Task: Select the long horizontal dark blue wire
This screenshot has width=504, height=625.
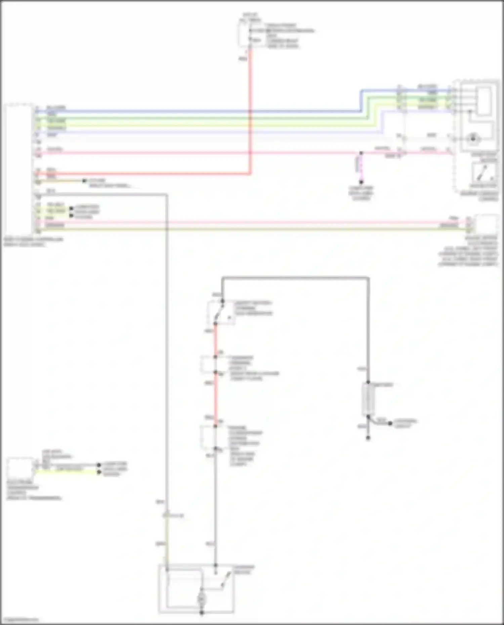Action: point(202,110)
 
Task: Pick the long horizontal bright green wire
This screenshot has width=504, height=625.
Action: point(202,118)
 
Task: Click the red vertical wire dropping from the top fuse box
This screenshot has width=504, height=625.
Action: point(250,111)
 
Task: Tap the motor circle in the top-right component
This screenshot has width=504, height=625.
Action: point(473,138)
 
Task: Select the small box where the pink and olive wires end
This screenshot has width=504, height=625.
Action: point(485,224)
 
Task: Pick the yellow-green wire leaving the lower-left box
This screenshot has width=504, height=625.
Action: point(67,472)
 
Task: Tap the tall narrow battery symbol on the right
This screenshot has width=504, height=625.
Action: point(368,399)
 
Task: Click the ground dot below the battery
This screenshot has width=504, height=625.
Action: point(368,438)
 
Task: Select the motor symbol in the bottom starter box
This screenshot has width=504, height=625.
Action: point(202,599)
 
